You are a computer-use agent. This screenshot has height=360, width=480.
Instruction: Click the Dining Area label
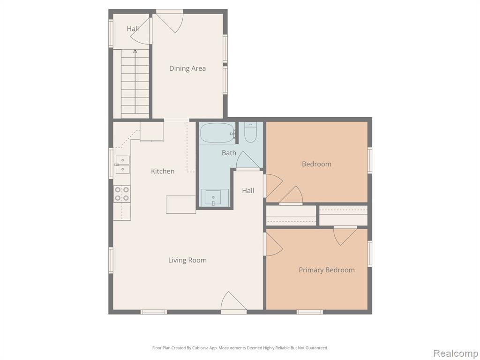(x=187, y=68)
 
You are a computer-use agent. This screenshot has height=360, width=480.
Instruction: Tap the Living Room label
(x=187, y=260)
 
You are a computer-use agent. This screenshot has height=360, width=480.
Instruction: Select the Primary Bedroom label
(x=327, y=270)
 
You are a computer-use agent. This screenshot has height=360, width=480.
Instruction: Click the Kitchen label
(x=163, y=171)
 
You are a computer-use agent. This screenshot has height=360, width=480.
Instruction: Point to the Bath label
(x=229, y=153)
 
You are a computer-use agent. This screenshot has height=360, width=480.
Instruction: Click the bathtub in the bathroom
(x=218, y=133)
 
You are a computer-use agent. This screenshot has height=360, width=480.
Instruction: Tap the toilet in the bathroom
(x=250, y=132)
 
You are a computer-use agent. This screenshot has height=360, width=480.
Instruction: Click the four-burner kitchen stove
(x=122, y=194)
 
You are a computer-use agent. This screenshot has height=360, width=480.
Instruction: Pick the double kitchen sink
(x=122, y=165)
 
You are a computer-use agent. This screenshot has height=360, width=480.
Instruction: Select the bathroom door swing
(x=247, y=159)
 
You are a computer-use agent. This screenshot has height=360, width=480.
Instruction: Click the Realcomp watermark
(x=456, y=353)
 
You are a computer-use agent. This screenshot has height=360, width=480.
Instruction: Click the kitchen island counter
(x=181, y=204)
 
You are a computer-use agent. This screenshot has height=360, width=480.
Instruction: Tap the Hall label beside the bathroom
(x=248, y=191)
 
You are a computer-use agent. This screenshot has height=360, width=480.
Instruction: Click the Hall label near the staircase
(x=133, y=29)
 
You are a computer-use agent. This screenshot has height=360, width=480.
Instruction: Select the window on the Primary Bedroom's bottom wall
(x=309, y=312)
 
